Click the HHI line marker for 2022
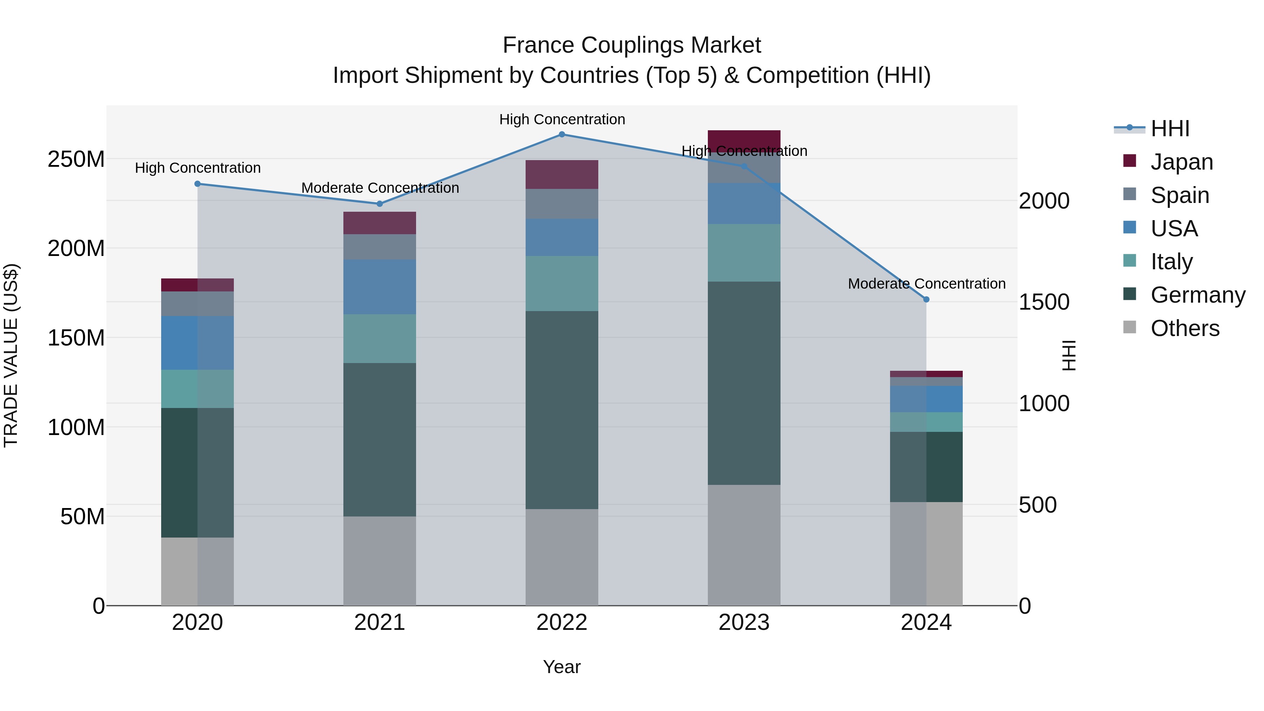562,134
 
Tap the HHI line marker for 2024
926,299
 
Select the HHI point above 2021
379,204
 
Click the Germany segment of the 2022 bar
562,410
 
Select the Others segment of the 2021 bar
379,560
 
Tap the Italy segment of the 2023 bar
744,253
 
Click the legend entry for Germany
1197,295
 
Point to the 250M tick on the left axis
76,159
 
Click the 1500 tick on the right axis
1044,302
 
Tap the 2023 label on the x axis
744,623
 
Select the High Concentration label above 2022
562,119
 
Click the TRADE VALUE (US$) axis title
11,355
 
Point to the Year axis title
562,667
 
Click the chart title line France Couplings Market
632,45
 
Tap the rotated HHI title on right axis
1068,355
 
